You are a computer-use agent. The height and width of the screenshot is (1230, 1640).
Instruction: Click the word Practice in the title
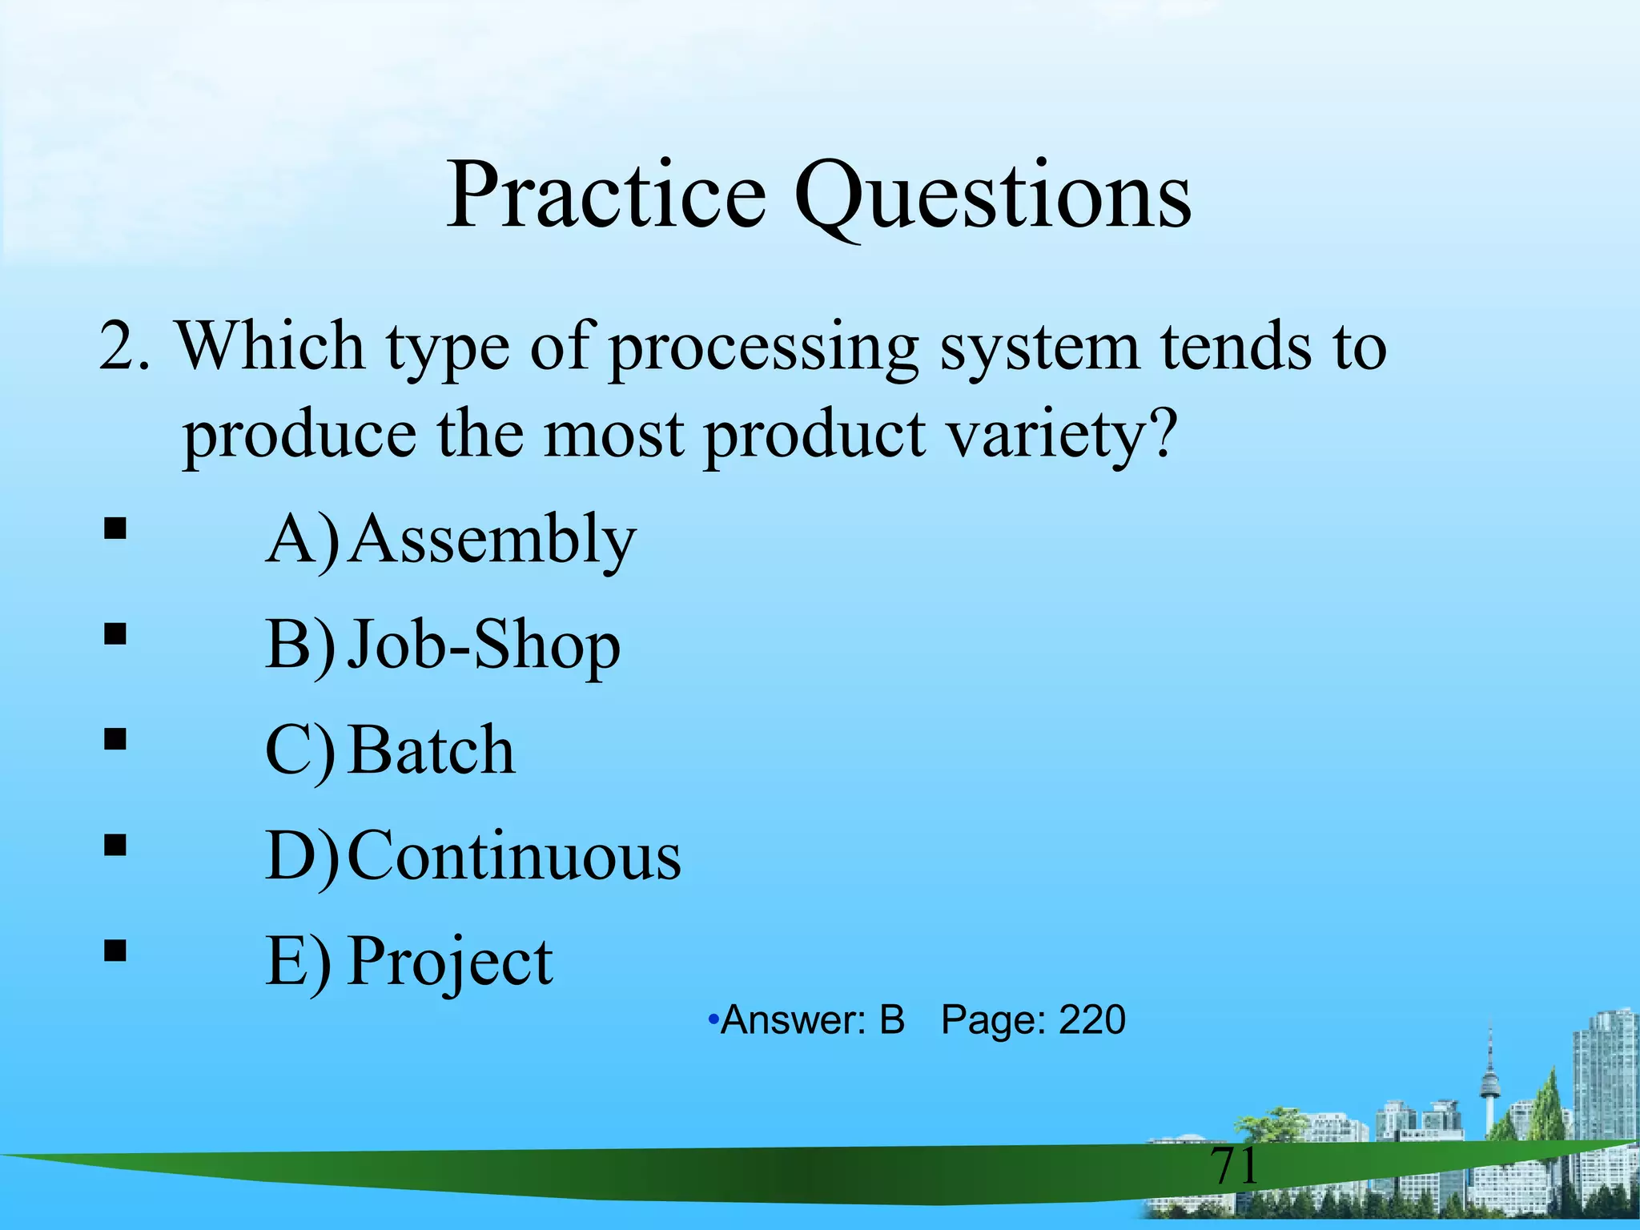(x=606, y=195)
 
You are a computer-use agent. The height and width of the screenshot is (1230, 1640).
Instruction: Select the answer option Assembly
(x=492, y=540)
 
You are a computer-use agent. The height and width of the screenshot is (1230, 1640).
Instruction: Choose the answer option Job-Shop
(x=484, y=645)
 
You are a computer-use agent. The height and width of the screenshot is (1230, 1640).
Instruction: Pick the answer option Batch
(x=432, y=750)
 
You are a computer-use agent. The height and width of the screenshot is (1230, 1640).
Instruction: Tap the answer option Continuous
(x=514, y=856)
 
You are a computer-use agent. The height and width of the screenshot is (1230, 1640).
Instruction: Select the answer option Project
(x=450, y=962)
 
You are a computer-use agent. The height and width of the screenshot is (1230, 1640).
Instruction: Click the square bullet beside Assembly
(x=115, y=529)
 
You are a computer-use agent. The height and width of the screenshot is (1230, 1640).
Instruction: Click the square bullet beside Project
(x=115, y=951)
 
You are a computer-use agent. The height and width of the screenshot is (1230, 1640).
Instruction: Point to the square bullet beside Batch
(x=115, y=740)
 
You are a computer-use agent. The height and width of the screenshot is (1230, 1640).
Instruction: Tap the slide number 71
(x=1234, y=1166)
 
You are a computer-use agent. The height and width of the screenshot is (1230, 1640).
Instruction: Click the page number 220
(x=1092, y=1020)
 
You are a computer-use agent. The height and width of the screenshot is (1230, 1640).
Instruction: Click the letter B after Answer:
(x=891, y=1020)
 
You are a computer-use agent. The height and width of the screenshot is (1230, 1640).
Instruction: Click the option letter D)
(x=302, y=856)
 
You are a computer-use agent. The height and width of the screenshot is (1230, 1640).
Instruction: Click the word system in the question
(x=1039, y=349)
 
